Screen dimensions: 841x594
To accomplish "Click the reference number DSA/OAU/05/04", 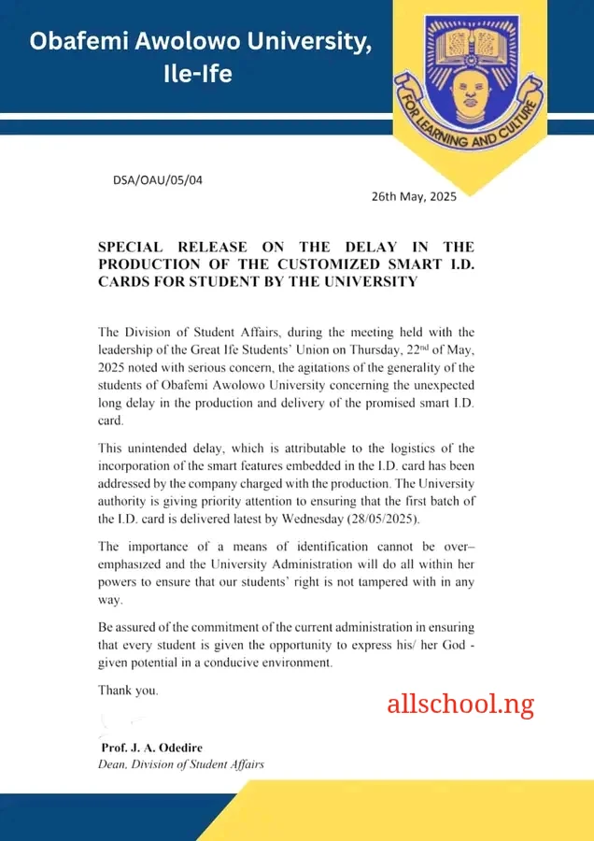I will pyautogui.click(x=157, y=179).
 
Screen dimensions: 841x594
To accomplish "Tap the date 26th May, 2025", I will pyautogui.click(x=414, y=196).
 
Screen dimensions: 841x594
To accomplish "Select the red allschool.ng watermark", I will pyautogui.click(x=460, y=704).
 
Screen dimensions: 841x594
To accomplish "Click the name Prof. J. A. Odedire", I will pyautogui.click(x=151, y=748).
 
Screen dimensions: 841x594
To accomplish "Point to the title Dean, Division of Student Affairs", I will pyautogui.click(x=181, y=763).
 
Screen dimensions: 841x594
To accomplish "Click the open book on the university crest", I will pyautogui.click(x=472, y=41).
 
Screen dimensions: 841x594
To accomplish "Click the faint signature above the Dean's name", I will pyautogui.click(x=118, y=721).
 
